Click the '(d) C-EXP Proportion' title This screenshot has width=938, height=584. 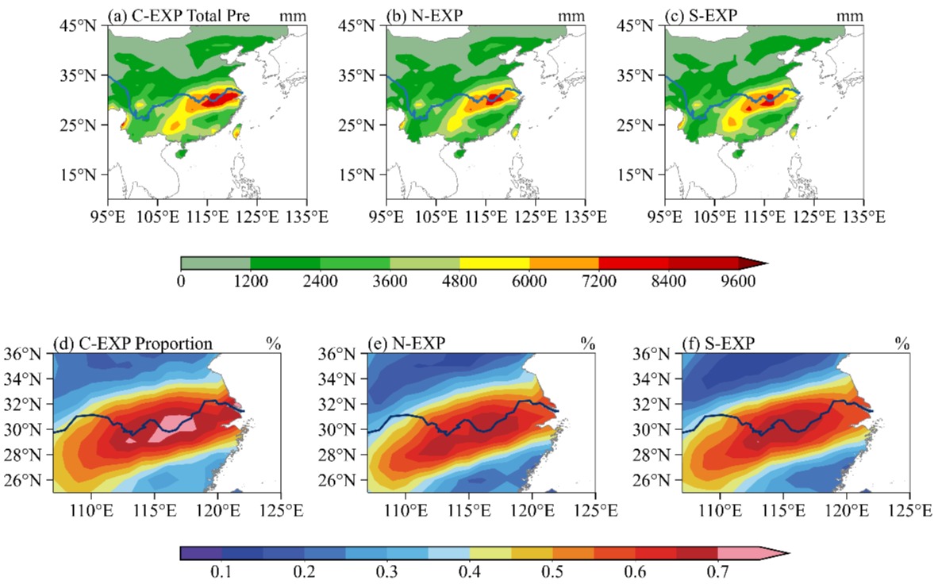coord(133,344)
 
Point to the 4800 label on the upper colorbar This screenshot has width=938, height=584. coord(459,281)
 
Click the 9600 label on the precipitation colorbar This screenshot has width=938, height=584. coord(739,281)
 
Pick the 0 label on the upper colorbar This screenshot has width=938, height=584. coord(181,281)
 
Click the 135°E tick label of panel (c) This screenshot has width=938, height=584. coord(863,216)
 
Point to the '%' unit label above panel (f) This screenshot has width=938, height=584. coord(901,344)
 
